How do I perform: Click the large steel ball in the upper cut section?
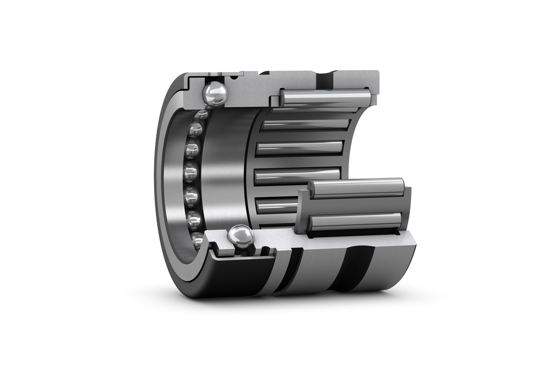[x=214, y=93]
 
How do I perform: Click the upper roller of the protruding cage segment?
[x=356, y=188]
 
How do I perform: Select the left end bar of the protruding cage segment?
[x=301, y=211]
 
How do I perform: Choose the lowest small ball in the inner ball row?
[x=197, y=240]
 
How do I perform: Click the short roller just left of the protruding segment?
[x=276, y=205]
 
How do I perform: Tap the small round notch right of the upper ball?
[x=235, y=78]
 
